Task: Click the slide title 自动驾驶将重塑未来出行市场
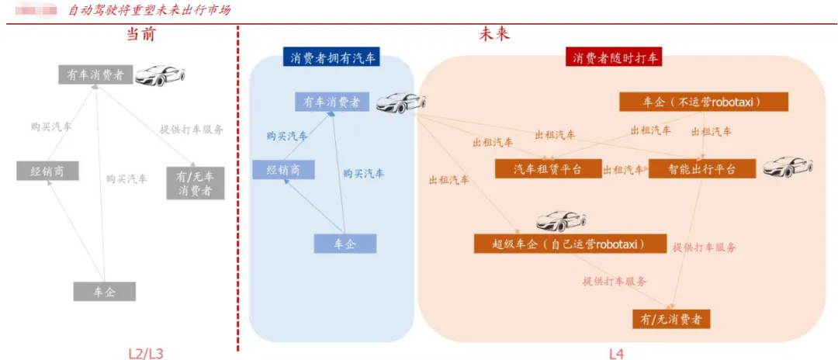149,10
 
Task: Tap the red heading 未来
495,35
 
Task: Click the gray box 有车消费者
95,74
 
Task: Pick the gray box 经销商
47,171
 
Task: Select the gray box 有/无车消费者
195,182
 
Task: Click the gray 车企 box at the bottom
105,292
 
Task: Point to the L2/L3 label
146,354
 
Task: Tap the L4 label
616,354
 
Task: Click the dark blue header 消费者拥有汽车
331,57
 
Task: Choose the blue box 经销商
283,170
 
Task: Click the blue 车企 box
345,244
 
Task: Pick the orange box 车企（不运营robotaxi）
703,102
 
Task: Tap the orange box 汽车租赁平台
548,169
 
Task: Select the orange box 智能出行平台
702,168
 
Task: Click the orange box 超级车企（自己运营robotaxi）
570,244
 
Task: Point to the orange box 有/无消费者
671,318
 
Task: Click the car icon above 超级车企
561,221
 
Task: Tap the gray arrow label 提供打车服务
191,130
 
